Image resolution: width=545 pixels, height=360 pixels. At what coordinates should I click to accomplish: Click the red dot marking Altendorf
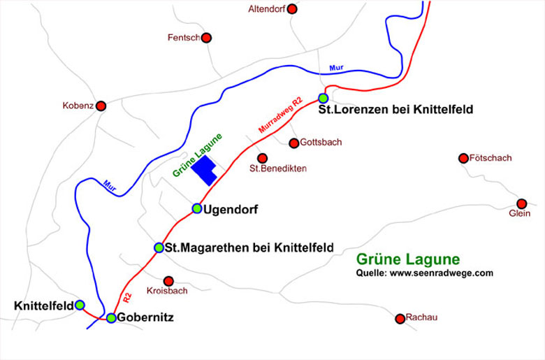point(292,9)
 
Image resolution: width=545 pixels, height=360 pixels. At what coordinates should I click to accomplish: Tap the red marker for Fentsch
point(205,38)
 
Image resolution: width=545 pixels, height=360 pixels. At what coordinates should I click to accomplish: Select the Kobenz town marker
point(101,106)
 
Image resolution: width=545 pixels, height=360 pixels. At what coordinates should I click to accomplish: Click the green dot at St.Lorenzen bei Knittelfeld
point(323,98)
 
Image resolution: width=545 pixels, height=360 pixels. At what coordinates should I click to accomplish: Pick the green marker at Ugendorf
point(197,208)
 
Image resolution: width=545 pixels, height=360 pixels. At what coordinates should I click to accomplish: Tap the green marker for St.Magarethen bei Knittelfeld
point(159,247)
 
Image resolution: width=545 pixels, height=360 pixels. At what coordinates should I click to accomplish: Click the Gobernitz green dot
point(111,318)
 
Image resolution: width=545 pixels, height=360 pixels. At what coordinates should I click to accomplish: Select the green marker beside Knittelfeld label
point(80,305)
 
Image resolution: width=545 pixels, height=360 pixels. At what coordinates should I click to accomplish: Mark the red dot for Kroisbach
point(168,281)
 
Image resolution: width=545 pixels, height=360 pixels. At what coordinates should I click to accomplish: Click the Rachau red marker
point(400,319)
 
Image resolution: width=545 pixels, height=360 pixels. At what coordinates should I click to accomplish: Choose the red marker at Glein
point(521,203)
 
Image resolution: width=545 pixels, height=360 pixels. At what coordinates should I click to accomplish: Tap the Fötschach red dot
point(463,159)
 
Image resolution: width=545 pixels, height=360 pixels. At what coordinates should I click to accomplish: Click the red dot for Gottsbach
point(294,143)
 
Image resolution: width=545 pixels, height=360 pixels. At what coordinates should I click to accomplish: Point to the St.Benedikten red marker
point(262,158)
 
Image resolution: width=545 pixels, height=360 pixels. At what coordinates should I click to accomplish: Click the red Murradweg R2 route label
point(279,116)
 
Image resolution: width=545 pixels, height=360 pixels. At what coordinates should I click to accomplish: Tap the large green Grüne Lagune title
point(408,258)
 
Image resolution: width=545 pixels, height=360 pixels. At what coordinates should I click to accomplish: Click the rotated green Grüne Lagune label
point(197,154)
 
